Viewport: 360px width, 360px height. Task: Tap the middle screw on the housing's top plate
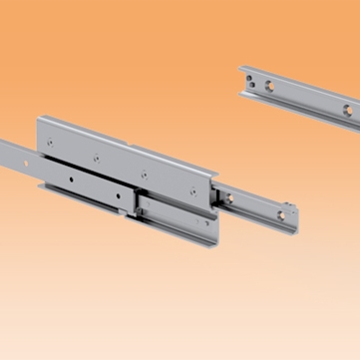click(97, 156)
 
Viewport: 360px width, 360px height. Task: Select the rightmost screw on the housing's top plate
click(147, 177)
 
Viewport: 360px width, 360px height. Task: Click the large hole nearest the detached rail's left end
click(268, 87)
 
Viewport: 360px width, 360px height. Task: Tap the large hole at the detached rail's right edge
click(348, 110)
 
